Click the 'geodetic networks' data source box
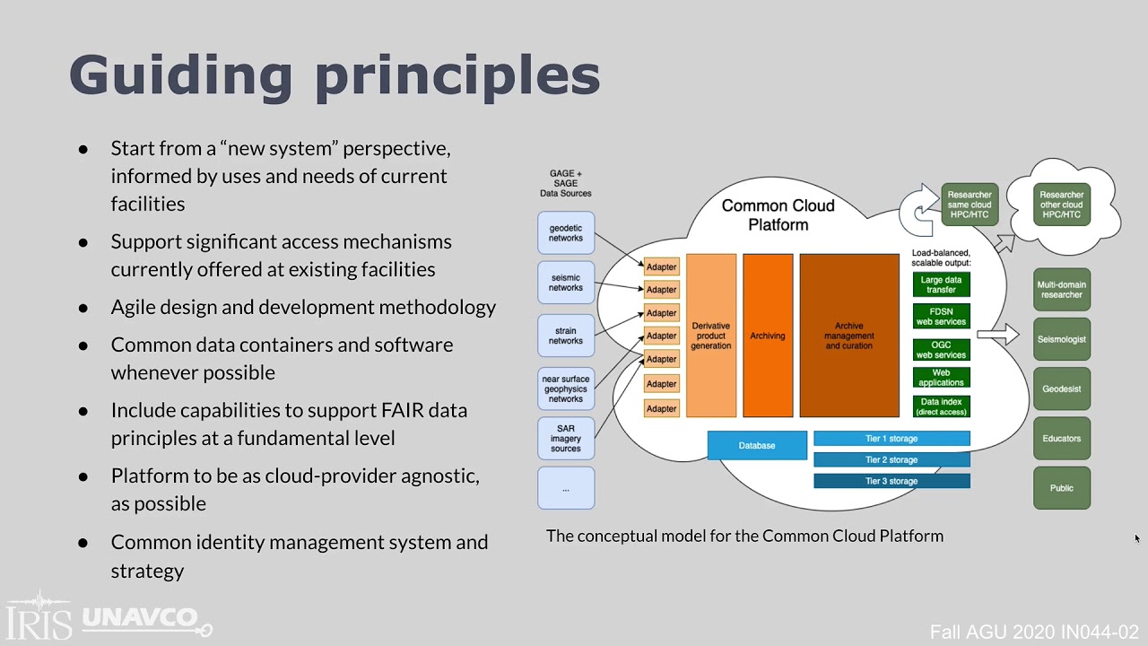point(566,233)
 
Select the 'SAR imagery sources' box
point(566,439)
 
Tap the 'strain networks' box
point(566,336)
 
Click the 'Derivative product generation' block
point(711,336)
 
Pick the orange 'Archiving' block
point(768,336)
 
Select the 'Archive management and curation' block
point(849,336)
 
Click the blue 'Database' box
point(757,445)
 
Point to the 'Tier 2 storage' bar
point(891,459)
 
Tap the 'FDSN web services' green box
point(941,316)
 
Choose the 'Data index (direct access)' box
point(941,406)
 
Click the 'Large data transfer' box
point(941,284)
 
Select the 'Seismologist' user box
point(1062,339)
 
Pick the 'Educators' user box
point(1062,439)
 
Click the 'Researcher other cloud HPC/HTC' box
point(1062,205)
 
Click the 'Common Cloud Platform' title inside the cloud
point(778,215)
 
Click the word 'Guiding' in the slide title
point(180,75)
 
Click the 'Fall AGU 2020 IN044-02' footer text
point(1034,632)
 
